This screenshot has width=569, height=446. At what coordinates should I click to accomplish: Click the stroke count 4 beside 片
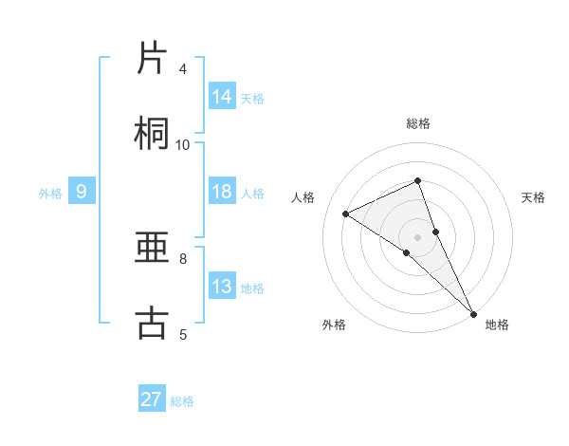[x=183, y=69]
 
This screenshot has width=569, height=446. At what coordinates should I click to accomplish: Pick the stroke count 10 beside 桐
[x=183, y=144]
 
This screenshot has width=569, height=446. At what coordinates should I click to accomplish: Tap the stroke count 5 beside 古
[x=183, y=334]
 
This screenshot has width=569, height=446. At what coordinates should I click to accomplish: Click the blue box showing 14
[x=222, y=97]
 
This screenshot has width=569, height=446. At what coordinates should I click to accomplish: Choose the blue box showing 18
[x=222, y=192]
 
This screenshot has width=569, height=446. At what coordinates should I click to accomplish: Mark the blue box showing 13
[x=222, y=287]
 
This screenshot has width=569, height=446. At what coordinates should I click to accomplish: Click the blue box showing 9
[x=82, y=192]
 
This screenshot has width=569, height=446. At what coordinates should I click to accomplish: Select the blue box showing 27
[x=152, y=400]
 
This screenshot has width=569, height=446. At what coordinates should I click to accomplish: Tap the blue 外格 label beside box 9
[x=50, y=194]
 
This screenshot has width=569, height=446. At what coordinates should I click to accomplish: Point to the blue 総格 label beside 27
[x=182, y=401]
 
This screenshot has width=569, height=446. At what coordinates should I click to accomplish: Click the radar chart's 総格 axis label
[x=418, y=123]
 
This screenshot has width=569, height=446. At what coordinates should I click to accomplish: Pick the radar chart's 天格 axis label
[x=534, y=197]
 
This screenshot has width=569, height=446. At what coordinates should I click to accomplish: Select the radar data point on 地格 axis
[x=472, y=311]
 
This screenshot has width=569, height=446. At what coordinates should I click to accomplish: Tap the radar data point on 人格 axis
[x=346, y=214]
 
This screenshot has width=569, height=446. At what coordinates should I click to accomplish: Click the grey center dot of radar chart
[x=418, y=236]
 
